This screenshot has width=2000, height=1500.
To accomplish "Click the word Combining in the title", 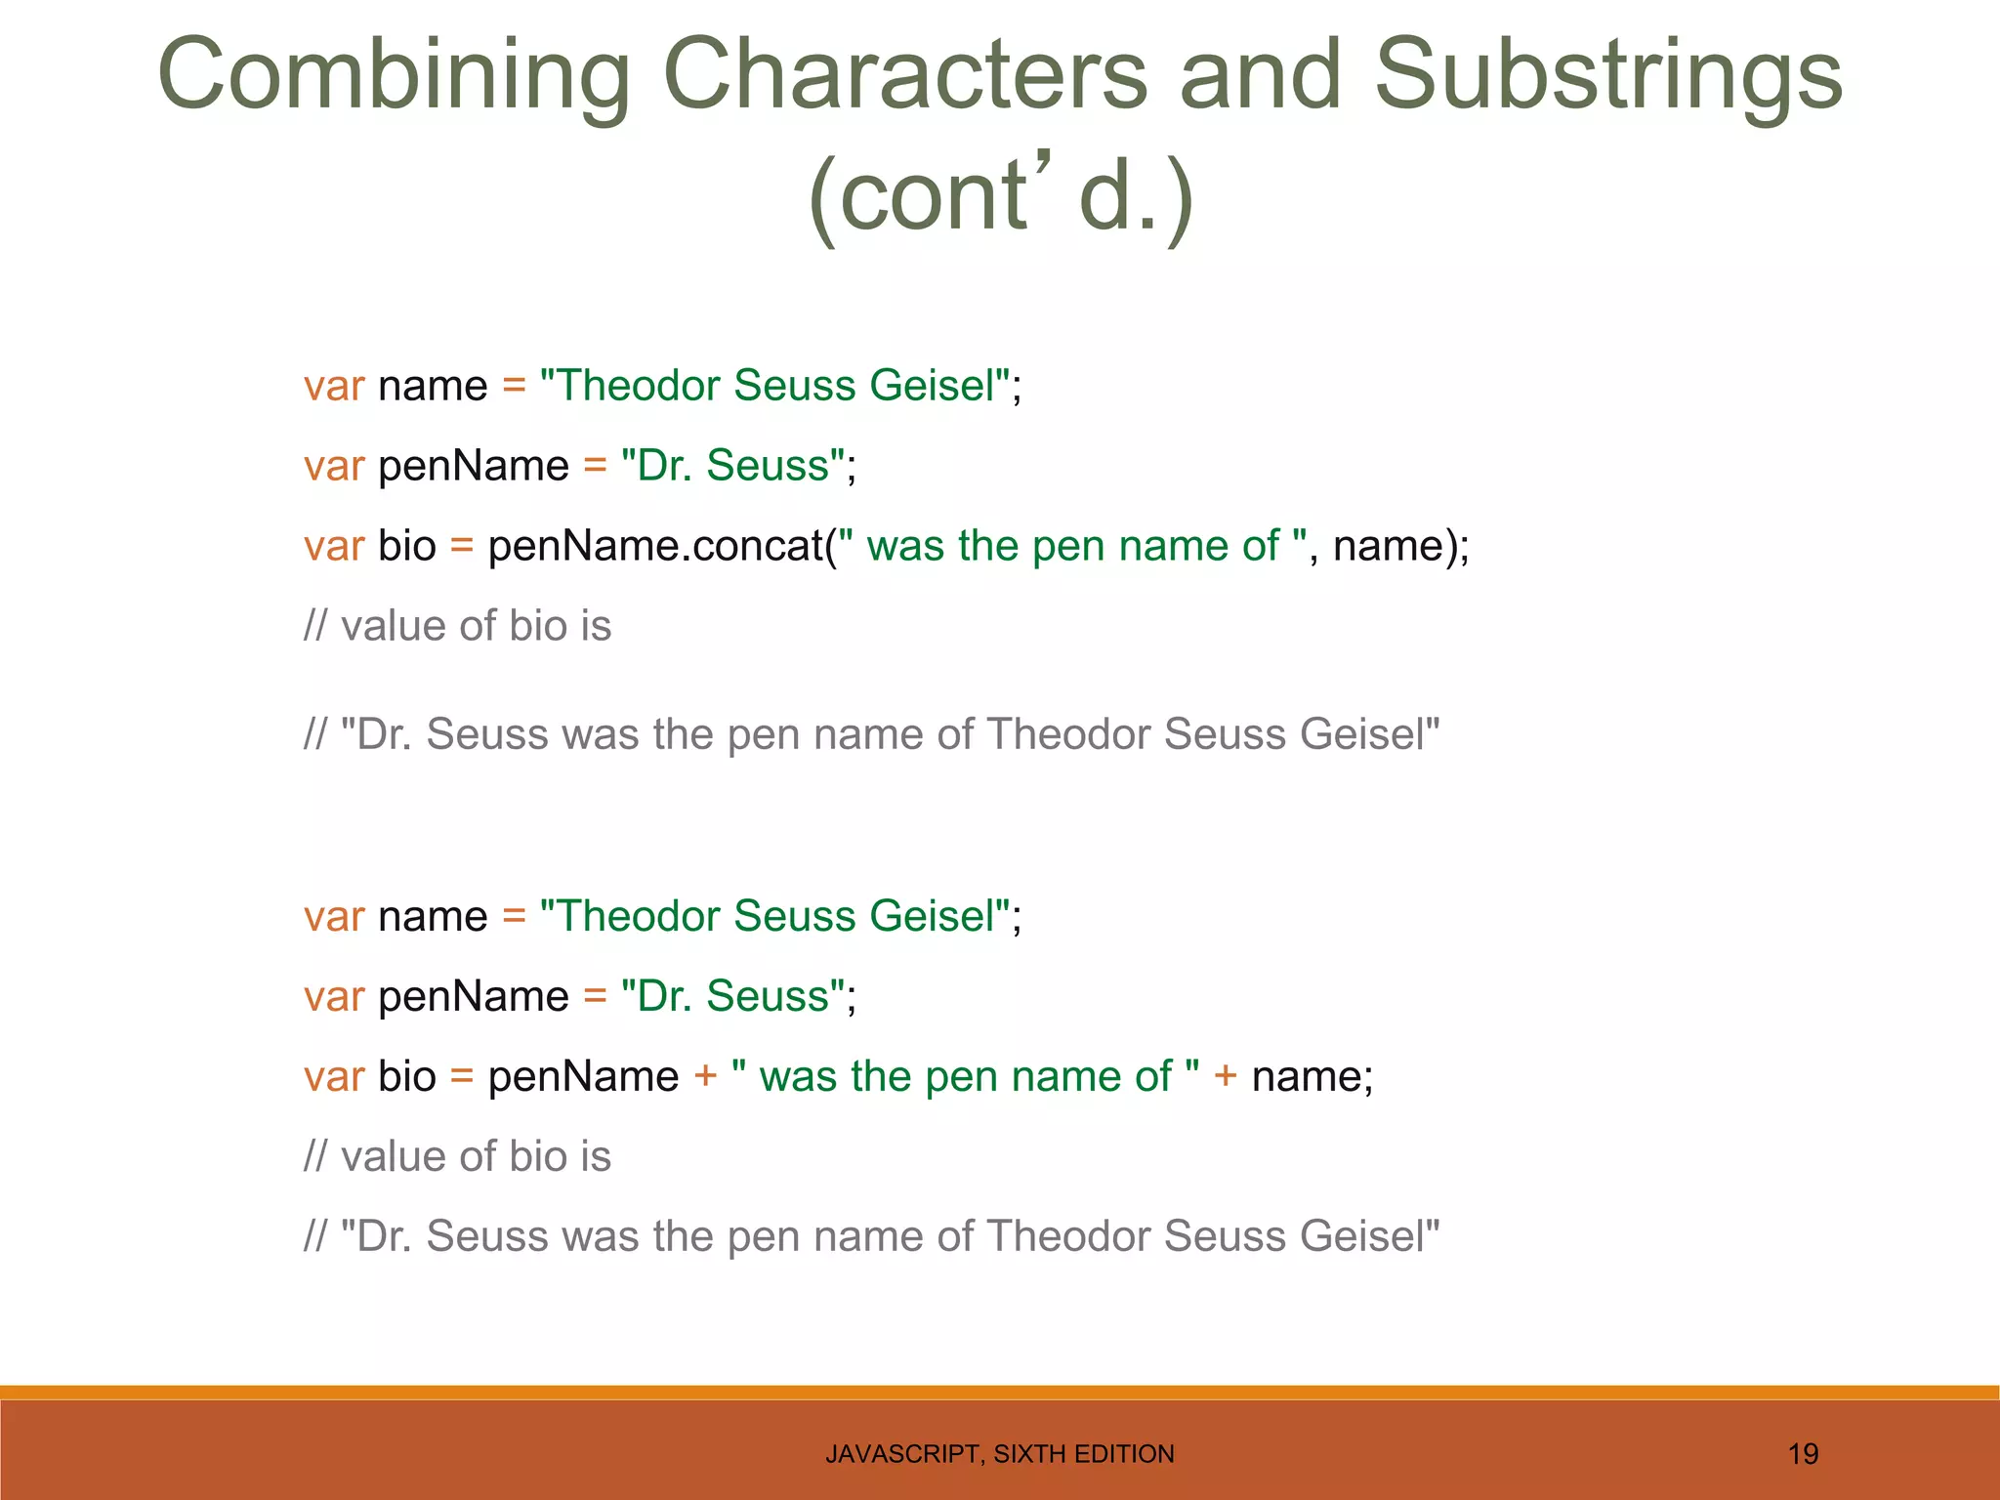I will click(x=394, y=76).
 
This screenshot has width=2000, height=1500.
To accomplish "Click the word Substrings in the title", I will click(x=1608, y=76).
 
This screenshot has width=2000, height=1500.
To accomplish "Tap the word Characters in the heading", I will click(x=904, y=76).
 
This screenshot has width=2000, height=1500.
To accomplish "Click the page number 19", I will click(x=1803, y=1454).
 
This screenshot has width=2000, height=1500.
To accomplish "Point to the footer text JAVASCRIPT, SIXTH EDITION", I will click(x=999, y=1454).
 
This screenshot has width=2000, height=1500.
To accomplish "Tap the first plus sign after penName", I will click(x=705, y=1076).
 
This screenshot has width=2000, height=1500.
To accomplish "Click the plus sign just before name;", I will click(x=1225, y=1076).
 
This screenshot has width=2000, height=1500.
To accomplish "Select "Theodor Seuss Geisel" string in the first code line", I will click(x=773, y=386).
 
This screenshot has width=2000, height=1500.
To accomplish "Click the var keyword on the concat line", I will click(x=333, y=546).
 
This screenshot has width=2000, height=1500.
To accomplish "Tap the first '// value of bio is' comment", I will click(x=457, y=626).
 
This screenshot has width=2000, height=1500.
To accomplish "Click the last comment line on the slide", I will click(x=871, y=1236).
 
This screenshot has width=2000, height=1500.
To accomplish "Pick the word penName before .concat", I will click(x=582, y=546).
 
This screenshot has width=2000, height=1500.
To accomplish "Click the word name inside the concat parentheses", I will click(x=1387, y=546).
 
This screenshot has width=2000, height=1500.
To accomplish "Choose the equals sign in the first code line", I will click(x=514, y=386).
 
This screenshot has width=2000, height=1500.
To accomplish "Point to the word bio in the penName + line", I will click(x=406, y=1076).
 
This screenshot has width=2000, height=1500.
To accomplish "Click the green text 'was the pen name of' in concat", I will click(x=1072, y=546).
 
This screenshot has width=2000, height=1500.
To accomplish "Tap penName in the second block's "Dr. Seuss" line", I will click(x=473, y=997).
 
